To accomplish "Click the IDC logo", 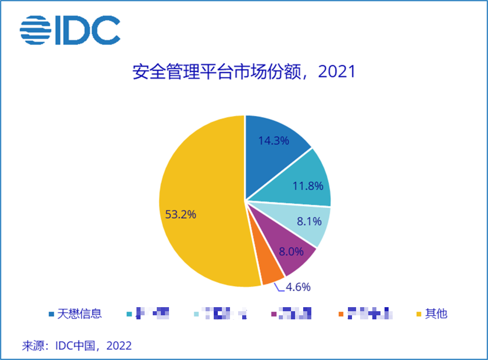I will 70,30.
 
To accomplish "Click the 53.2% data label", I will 181,215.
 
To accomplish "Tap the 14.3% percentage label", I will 273,140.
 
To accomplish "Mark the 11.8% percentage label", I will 308,186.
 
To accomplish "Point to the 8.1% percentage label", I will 310,221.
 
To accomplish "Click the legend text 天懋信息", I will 80,313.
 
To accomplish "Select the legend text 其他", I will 436,313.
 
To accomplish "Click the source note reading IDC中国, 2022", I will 77,346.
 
